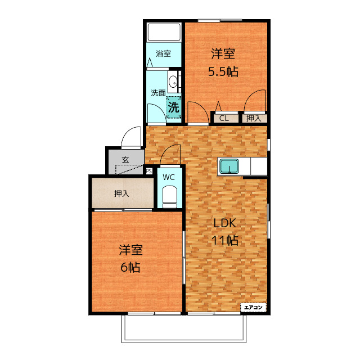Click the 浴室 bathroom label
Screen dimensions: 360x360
[x=163, y=54]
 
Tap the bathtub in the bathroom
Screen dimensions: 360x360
[x=164, y=33]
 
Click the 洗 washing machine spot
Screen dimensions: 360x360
[x=174, y=107]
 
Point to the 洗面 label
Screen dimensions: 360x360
[x=157, y=93]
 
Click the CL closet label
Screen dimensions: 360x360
[x=224, y=118]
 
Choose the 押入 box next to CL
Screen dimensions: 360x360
[x=254, y=118]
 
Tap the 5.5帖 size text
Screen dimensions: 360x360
[x=223, y=71]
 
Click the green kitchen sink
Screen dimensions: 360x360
[x=229, y=167]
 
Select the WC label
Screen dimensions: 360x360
[x=169, y=177]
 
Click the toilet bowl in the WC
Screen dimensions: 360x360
[x=169, y=196]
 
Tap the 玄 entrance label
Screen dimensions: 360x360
[x=125, y=160]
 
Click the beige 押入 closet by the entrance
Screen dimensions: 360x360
[x=122, y=193]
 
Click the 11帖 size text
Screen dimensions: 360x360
[x=225, y=241]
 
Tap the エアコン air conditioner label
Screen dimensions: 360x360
[x=253, y=307]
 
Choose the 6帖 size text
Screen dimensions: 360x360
[x=130, y=267]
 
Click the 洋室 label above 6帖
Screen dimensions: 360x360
[x=130, y=249]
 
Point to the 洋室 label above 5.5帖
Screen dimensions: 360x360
[x=223, y=53]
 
